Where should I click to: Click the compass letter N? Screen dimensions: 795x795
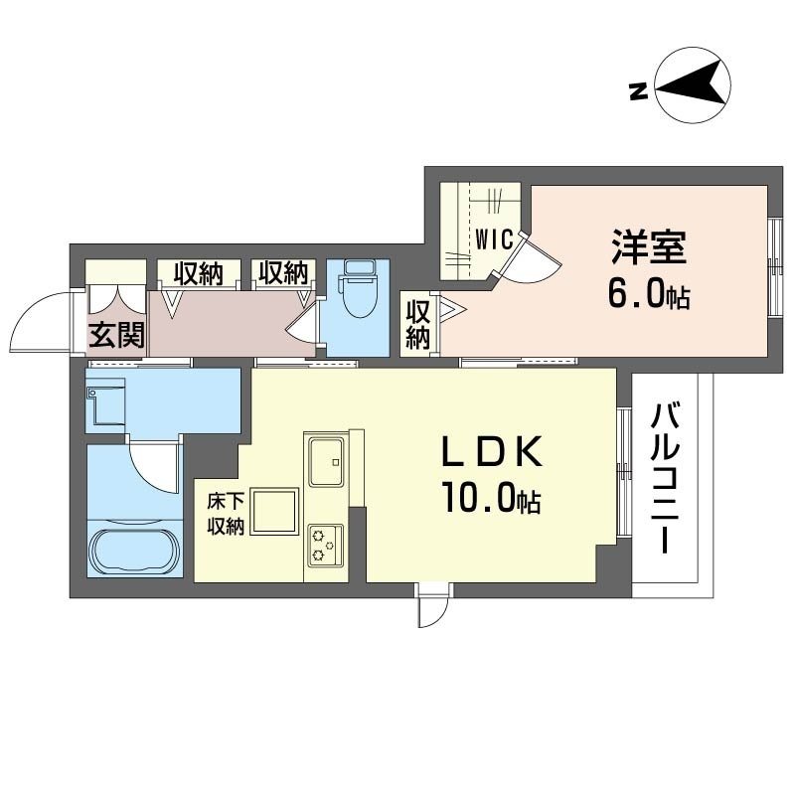click(x=639, y=91)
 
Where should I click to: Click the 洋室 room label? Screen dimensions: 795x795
click(x=649, y=246)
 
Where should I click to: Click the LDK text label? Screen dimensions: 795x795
click(x=492, y=452)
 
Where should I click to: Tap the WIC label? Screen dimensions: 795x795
click(x=494, y=239)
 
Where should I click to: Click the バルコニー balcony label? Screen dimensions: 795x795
click(x=665, y=478)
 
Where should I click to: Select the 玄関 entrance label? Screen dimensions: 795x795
click(x=116, y=334)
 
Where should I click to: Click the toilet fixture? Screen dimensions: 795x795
click(x=360, y=288)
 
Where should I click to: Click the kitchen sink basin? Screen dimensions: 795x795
click(x=327, y=461)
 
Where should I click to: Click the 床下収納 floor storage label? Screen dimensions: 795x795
click(x=226, y=514)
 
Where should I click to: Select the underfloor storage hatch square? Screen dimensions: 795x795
click(x=276, y=511)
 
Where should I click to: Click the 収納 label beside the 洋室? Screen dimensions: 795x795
click(x=417, y=325)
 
